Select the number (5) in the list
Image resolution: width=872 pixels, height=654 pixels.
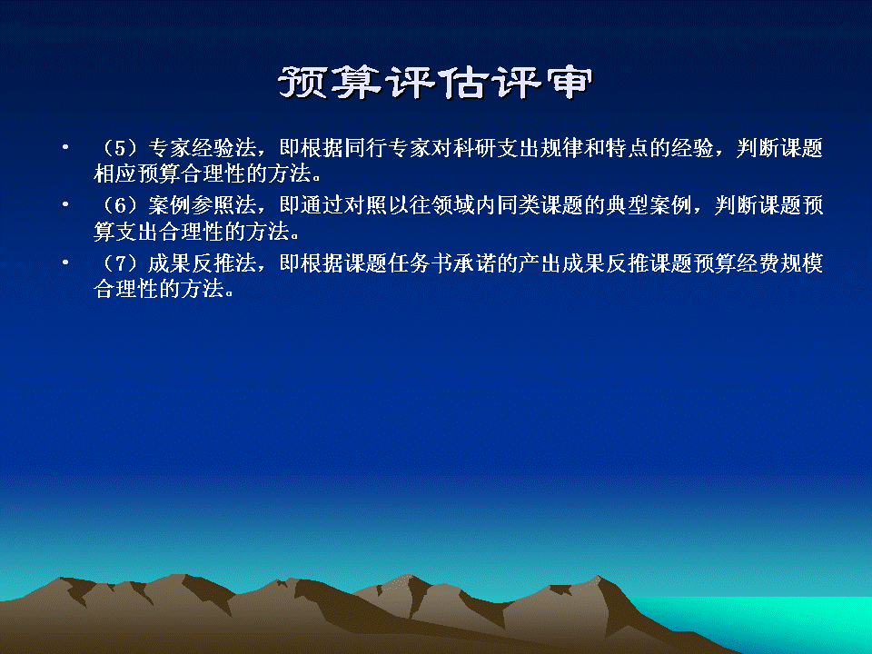tap(121, 148)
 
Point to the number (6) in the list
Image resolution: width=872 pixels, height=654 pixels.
tap(121, 206)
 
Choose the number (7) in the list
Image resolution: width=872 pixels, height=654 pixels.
tap(121, 263)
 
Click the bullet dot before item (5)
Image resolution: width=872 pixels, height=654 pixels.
tap(65, 147)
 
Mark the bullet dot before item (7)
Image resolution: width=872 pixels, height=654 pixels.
tap(65, 263)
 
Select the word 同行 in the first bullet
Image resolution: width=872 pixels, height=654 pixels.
tap(366, 148)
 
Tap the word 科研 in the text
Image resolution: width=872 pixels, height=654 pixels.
tap(475, 148)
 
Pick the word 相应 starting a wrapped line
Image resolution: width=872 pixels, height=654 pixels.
tap(115, 173)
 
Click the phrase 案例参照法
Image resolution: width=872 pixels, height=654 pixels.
tap(203, 206)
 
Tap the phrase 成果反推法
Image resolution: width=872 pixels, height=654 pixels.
tap(203, 263)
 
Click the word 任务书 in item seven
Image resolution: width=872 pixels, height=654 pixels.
tap(421, 263)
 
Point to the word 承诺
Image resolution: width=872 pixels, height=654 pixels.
tap(475, 263)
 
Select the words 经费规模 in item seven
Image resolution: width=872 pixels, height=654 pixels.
tap(779, 263)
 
